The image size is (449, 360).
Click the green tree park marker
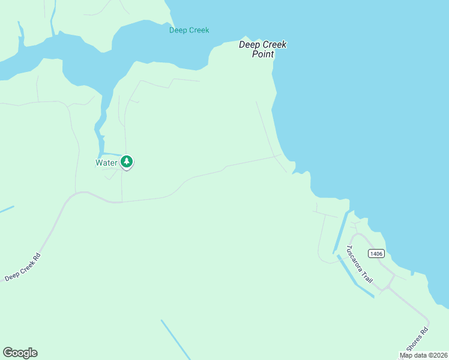(127, 161)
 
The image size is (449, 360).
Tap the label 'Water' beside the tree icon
(106, 163)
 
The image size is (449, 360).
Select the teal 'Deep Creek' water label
(189, 30)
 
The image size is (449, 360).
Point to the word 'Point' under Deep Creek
(264, 54)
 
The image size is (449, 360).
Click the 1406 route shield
(376, 254)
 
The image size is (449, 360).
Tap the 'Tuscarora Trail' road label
(360, 265)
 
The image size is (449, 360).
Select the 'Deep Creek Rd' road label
(23, 268)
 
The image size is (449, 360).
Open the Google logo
(20, 353)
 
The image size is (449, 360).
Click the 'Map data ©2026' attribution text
(424, 355)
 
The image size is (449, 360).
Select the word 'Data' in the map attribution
(418, 355)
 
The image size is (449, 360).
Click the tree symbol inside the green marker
(127, 161)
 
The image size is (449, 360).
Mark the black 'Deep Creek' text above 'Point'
(263, 44)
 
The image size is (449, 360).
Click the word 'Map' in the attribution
(406, 355)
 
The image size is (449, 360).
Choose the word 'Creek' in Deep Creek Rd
(24, 266)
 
